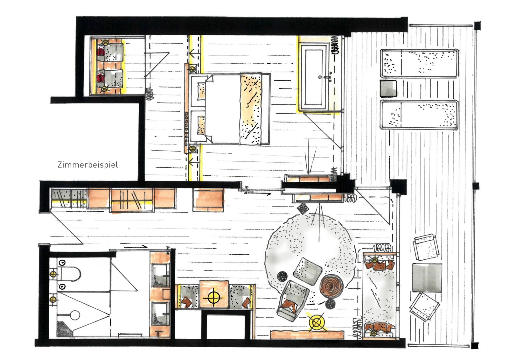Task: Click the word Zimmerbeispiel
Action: (88, 165)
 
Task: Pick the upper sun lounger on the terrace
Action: (419, 64)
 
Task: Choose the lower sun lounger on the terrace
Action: (419, 115)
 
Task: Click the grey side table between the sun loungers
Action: (388, 88)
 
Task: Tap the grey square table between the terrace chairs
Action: (427, 278)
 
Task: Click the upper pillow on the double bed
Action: (201, 91)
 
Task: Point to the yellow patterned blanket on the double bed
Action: (251, 109)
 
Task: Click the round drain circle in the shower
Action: (75, 315)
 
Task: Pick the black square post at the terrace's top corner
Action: (477, 25)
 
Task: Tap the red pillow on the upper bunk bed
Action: (101, 53)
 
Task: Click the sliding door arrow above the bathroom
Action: (136, 246)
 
